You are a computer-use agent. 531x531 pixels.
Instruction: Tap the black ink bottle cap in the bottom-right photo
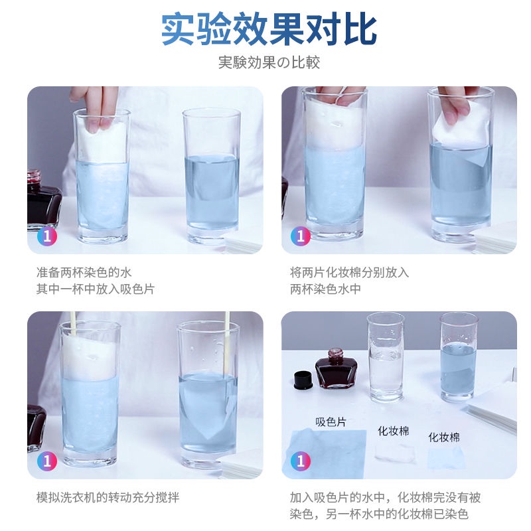tap(303, 380)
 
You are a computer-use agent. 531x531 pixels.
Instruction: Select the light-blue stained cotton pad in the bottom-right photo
tap(445, 456)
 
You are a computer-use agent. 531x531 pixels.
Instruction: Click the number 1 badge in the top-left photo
tap(46, 236)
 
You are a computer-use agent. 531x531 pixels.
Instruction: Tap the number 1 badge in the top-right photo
tap(301, 236)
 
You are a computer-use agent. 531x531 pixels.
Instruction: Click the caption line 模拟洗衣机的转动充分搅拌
tap(108, 497)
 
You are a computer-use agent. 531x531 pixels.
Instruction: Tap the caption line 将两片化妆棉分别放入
tap(349, 272)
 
